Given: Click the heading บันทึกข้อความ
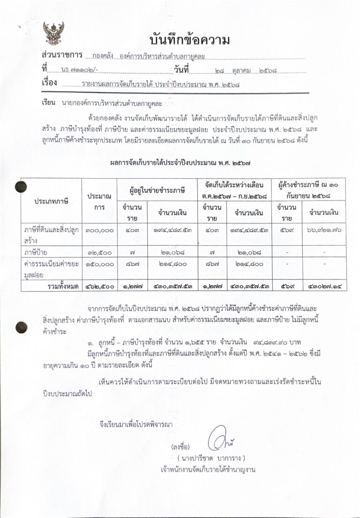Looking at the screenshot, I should point(189,41).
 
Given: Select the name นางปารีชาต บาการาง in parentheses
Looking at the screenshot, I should point(211,457).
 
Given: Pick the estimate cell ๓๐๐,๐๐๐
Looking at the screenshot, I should point(99,230).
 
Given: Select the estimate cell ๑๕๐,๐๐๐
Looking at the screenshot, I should point(99,264).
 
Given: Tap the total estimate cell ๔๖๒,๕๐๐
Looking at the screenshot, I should point(99,286).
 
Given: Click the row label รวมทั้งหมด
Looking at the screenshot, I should point(60,286).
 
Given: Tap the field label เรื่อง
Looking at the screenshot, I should point(49,84).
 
